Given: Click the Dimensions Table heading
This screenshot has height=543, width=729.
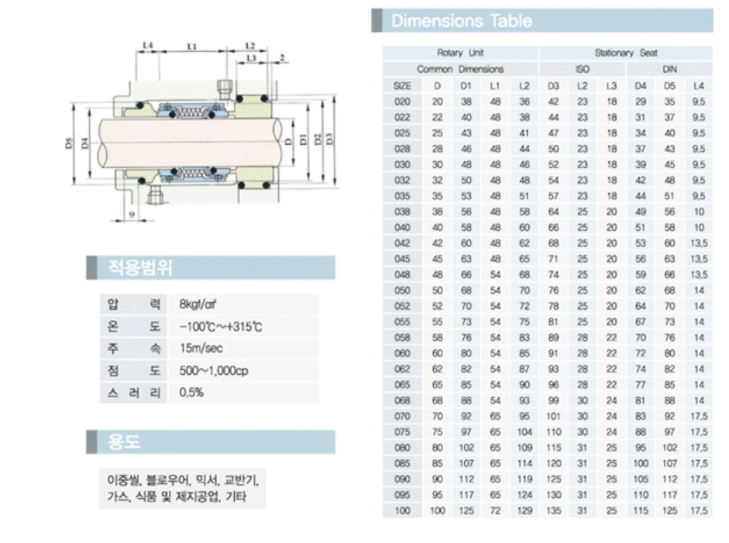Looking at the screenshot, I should tap(462, 21).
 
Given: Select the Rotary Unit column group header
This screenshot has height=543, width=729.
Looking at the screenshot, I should tap(461, 53).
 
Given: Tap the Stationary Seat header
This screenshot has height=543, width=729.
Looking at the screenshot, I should tap(625, 53).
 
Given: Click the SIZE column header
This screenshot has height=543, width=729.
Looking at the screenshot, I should tap(403, 85).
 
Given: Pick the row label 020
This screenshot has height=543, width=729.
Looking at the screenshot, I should tap(403, 101).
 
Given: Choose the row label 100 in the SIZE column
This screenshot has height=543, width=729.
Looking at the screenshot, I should tap(403, 512).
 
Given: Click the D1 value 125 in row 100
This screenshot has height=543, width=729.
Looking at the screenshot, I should tap(466, 512).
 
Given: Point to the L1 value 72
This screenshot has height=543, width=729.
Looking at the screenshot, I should tap(495, 512).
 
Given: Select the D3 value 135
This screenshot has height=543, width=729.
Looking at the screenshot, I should tap(553, 512).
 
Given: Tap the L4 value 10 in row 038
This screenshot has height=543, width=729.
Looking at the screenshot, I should tap(699, 211).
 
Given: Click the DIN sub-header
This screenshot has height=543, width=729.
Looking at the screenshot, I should tap(669, 69).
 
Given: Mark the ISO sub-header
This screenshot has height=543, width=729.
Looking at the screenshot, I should tap(582, 69).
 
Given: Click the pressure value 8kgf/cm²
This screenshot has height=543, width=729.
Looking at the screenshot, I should tap(197, 303).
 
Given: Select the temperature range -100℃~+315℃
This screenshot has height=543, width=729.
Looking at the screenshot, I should tap(220, 326).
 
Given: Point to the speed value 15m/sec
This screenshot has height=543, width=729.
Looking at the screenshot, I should tap(201, 349).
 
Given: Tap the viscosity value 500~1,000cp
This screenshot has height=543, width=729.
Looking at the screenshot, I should tap(213, 370).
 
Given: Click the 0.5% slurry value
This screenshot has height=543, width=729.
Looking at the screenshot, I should tap(191, 393).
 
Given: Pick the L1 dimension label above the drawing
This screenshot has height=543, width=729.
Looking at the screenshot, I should tap(191, 47).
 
